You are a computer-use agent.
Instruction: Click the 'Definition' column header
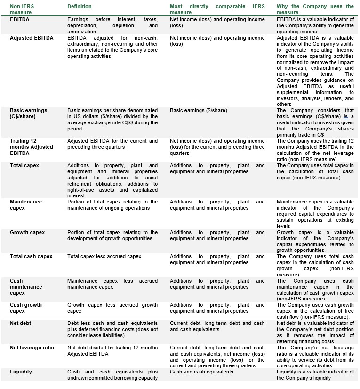tap(79, 7)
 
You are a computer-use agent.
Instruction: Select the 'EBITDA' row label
tap(20, 20)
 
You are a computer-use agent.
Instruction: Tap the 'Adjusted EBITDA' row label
tap(32, 38)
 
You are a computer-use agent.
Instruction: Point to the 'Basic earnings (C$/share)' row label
tap(28, 113)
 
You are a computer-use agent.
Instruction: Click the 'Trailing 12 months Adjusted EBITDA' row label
tap(31, 147)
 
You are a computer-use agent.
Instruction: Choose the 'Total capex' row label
tap(24, 165)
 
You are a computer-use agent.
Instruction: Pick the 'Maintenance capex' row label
tap(26, 205)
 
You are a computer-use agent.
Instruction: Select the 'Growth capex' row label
tap(26, 232)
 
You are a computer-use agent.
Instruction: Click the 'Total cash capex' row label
tap(31, 256)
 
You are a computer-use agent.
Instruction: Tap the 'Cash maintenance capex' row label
tap(26, 287)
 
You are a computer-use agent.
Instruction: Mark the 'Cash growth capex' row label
tap(26, 308)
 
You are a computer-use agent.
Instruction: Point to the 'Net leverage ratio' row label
tap(32, 348)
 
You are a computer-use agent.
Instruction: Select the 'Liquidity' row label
tap(21, 372)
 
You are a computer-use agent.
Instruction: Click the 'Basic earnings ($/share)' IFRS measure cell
tap(198, 110)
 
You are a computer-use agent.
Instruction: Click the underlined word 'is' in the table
tap(345, 116)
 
